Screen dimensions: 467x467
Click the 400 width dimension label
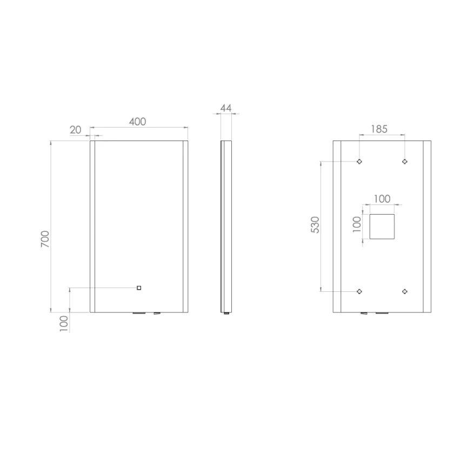pos(137,122)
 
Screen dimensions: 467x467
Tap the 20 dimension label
pos(76,130)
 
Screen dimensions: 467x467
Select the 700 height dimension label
pos(45,239)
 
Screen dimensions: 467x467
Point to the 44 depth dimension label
pos(225,108)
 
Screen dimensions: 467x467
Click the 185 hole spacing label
pos(379,129)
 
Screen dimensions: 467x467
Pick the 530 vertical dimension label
pos(315,225)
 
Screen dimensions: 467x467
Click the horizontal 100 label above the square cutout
pos(382,198)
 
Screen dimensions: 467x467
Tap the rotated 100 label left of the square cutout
pos(357,224)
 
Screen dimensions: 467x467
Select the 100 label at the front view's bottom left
pos(64,323)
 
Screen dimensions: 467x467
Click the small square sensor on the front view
pos(139,288)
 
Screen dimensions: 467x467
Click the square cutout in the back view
pos(382,226)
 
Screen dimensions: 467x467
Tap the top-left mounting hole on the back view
pos(359,162)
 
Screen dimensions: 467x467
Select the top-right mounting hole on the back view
pos(404,162)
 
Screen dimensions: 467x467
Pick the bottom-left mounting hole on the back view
pos(359,291)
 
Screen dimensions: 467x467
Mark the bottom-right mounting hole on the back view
pos(404,291)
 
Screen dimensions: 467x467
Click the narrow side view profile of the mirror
pos(226,226)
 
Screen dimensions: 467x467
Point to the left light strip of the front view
pos(92,226)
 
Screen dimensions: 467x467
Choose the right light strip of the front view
pos(185,226)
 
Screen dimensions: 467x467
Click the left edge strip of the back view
pos(337,226)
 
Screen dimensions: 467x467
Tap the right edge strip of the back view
pos(426,226)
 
